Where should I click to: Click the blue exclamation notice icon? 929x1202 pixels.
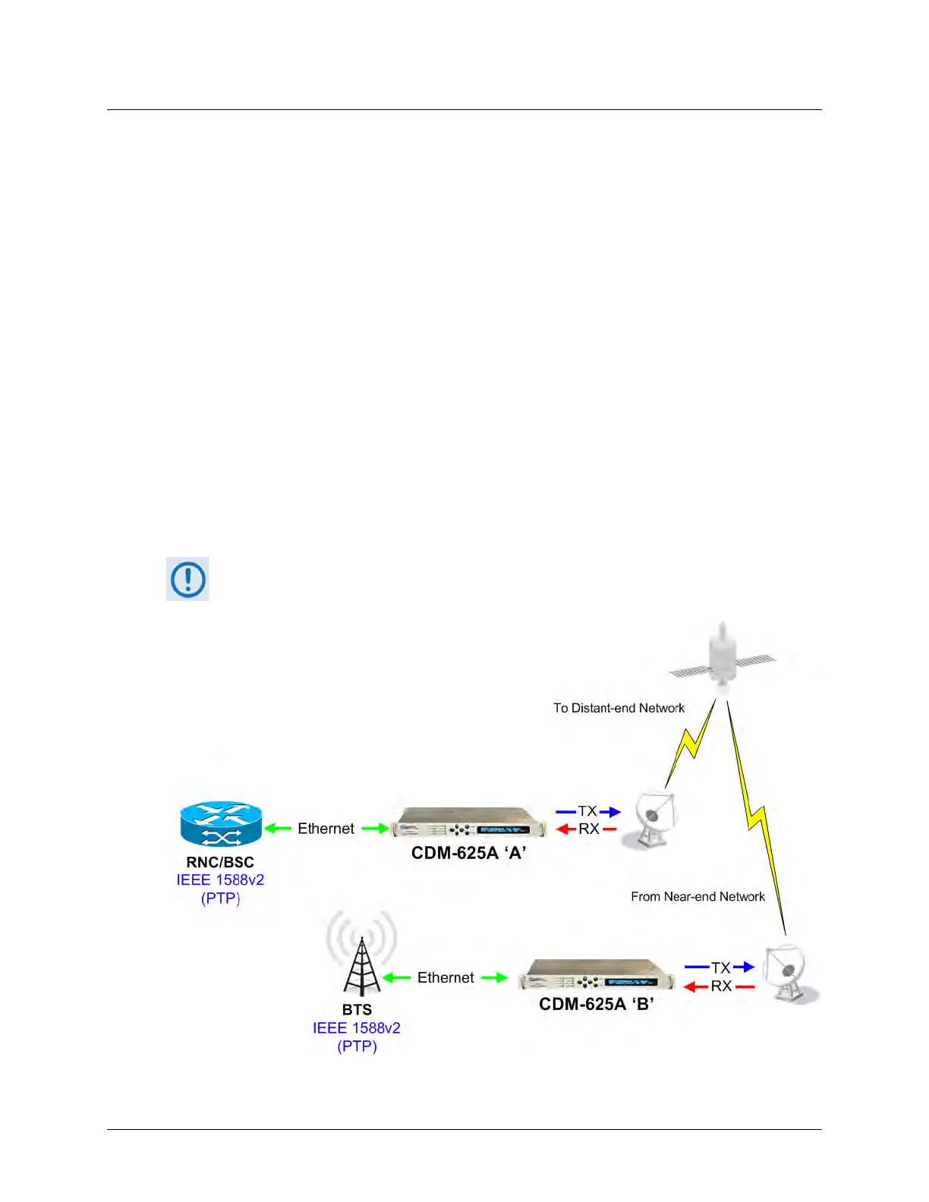tap(187, 579)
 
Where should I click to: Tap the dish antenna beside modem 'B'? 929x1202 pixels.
tap(788, 974)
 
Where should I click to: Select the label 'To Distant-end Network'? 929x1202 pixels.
tap(619, 708)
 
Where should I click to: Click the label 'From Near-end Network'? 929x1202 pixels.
tap(698, 896)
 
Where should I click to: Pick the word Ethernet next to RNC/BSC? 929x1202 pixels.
tap(326, 829)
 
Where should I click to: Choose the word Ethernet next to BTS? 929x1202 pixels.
tap(446, 977)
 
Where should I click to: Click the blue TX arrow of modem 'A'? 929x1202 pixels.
tap(609, 812)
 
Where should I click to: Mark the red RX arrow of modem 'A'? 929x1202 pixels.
tap(566, 829)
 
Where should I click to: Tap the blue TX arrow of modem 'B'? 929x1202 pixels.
tap(744, 967)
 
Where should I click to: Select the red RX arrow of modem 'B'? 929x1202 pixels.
tap(695, 986)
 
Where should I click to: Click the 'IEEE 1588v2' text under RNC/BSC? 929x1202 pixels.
tap(220, 880)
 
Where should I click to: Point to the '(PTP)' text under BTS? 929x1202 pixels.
tap(357, 1046)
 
